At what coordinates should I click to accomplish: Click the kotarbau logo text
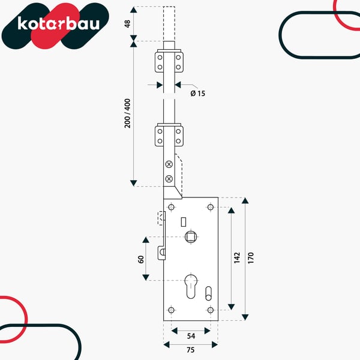59,23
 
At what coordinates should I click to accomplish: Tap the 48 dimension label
127,23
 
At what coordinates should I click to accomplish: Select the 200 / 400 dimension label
127,113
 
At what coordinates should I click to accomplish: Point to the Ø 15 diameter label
197,94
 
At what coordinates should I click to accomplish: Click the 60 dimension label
141,259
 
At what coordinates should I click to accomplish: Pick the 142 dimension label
237,258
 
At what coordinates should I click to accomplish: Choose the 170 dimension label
251,258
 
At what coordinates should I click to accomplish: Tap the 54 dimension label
191,336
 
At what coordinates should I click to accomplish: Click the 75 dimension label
191,350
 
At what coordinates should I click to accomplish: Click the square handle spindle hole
191,237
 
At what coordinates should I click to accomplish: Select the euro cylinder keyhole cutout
191,286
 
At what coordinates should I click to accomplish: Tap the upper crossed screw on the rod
169,164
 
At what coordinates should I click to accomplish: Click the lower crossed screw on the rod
169,179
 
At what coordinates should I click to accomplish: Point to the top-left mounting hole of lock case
171,207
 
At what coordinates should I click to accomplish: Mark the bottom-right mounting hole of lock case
211,310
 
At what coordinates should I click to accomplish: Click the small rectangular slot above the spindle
184,222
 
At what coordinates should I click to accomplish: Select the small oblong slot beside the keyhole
208,293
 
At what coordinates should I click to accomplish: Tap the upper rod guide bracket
169,61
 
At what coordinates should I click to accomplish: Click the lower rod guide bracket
169,135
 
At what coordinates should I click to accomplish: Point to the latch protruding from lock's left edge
161,253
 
